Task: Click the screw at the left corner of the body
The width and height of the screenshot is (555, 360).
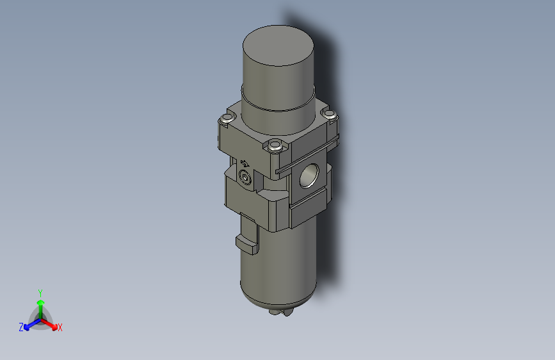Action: click(x=225, y=119)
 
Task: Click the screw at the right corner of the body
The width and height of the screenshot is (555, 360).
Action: click(x=329, y=115)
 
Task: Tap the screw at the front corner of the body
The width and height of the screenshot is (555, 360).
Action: click(x=275, y=146)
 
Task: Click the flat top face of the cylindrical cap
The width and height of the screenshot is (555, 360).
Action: click(x=278, y=45)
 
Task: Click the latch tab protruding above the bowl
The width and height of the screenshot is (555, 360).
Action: click(x=247, y=241)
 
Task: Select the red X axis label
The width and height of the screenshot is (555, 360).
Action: click(x=60, y=327)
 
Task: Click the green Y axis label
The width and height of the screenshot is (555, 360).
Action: click(x=40, y=292)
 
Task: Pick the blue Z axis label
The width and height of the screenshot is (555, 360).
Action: click(x=21, y=327)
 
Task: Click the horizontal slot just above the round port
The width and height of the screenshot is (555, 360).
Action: click(x=308, y=158)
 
